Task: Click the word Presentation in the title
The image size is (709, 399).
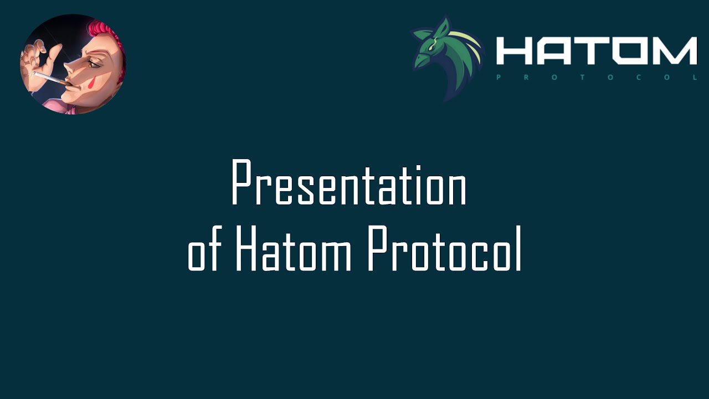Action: tap(349, 183)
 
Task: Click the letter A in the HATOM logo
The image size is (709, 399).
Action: tap(554, 51)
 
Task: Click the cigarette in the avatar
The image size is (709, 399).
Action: tap(49, 78)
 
